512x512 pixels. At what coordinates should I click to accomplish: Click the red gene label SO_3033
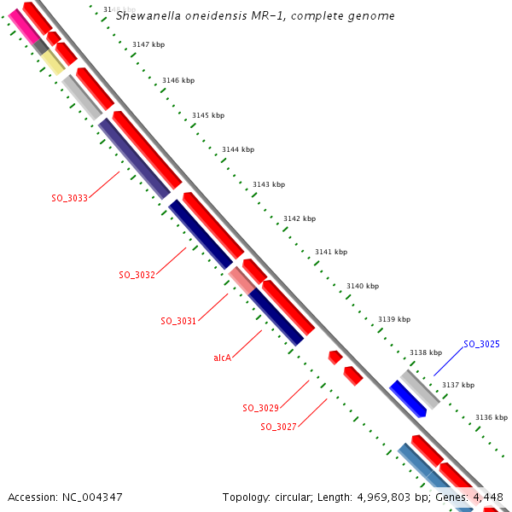click(69, 197)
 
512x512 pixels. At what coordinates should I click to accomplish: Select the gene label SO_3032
click(137, 275)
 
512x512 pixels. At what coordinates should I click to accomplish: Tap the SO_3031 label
click(178, 321)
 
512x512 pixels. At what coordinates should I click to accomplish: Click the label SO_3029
click(260, 408)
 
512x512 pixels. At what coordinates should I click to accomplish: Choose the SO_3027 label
click(278, 427)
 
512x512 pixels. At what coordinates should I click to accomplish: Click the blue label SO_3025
click(481, 344)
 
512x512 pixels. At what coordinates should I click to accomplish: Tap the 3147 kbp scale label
click(148, 44)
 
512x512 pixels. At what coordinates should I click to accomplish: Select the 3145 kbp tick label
click(208, 115)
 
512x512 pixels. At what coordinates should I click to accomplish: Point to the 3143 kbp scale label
click(269, 184)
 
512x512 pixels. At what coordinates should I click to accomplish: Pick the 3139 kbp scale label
click(393, 319)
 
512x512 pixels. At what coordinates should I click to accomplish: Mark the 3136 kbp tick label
click(491, 417)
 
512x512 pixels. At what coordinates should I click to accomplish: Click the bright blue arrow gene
click(408, 399)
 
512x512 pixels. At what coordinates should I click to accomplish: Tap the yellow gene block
click(53, 61)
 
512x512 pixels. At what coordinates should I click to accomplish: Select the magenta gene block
click(23, 27)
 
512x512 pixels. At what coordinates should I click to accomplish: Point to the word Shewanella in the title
click(146, 15)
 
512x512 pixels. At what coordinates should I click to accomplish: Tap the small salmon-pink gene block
click(240, 279)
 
